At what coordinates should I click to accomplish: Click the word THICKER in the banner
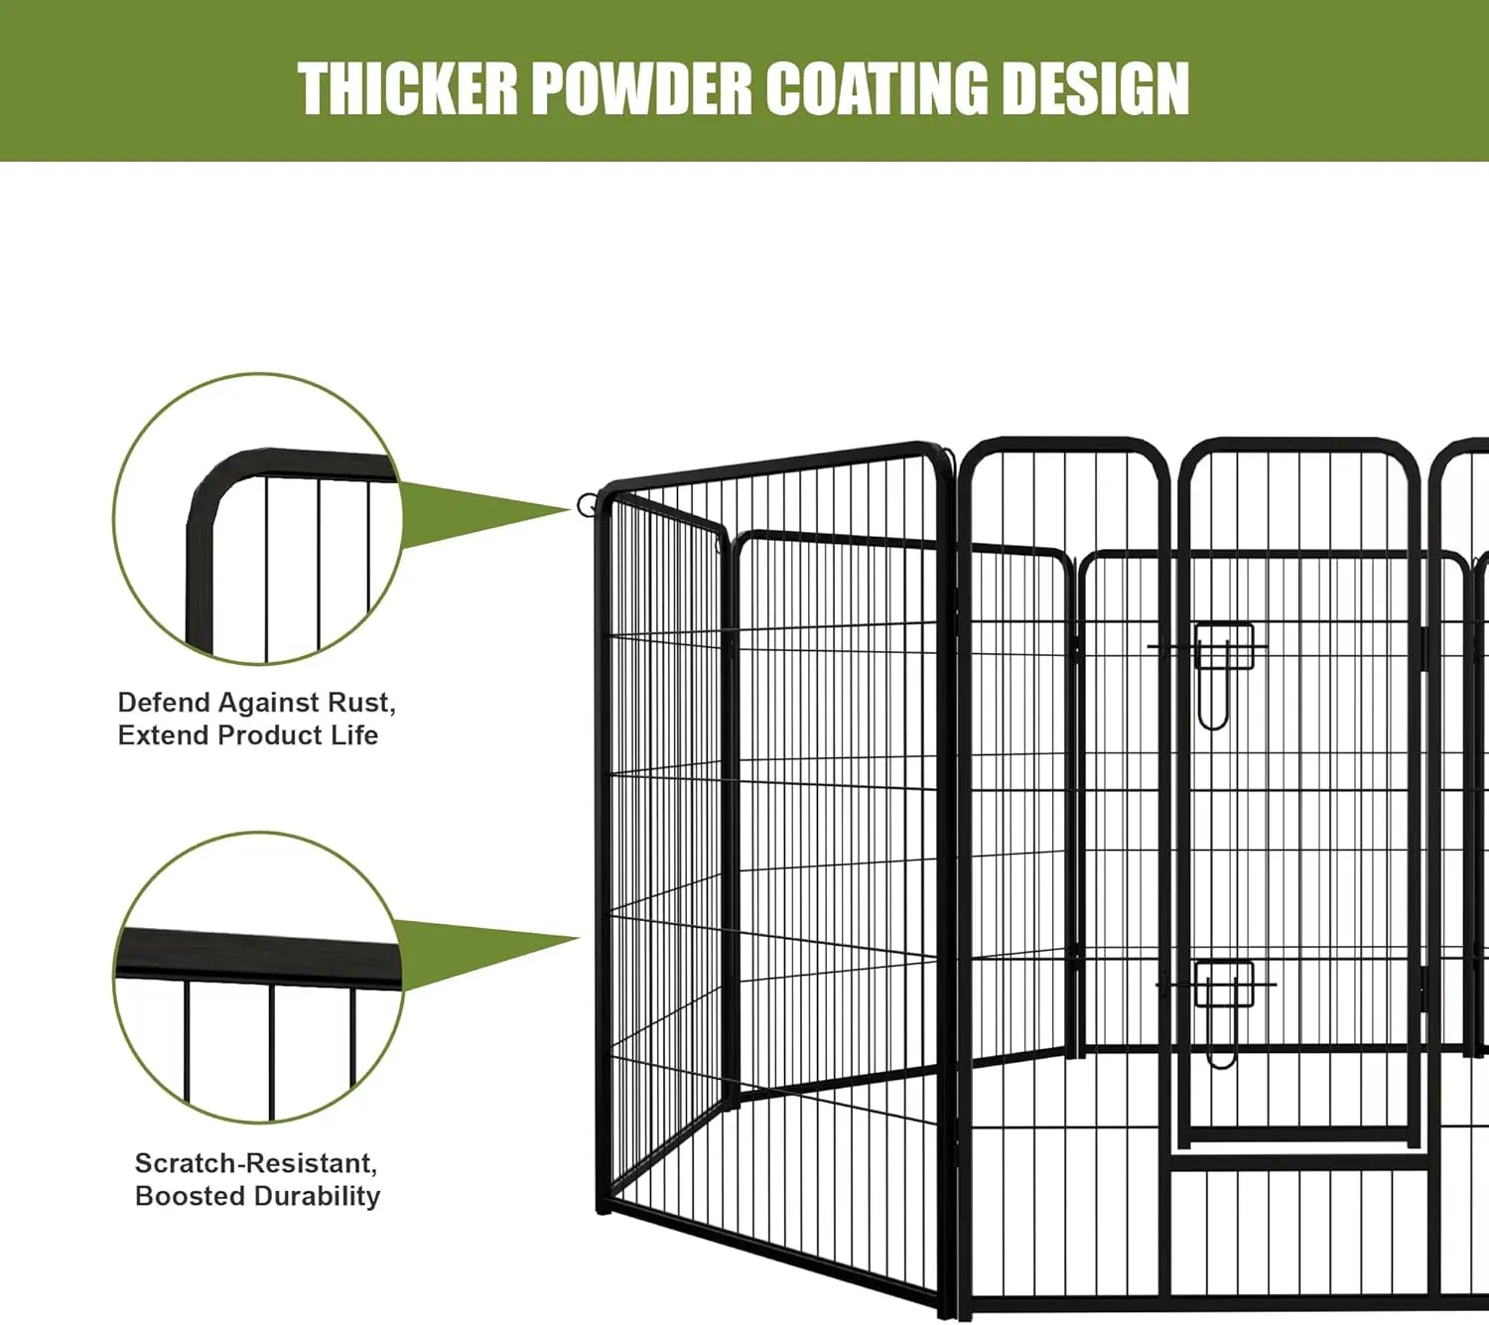pos(407,89)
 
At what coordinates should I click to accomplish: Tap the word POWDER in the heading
pos(641,89)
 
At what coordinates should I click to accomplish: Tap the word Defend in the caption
pos(164,703)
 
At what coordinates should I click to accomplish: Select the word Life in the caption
pos(354,735)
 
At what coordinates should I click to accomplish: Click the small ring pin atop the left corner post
pos(587,505)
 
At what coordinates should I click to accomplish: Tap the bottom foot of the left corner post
pos(604,1207)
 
